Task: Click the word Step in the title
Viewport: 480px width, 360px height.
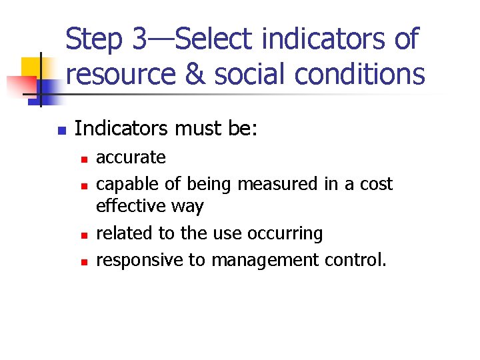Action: point(95,39)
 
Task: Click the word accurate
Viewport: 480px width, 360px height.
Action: point(131,157)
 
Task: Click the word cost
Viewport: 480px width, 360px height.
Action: point(376,183)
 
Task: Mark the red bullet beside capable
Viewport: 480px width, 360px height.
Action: point(83,186)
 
